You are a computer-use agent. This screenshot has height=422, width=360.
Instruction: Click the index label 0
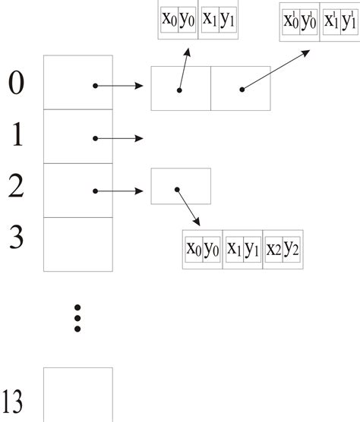16,83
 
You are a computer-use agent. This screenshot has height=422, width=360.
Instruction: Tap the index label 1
16,136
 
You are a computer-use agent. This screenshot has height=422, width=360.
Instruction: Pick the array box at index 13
77,394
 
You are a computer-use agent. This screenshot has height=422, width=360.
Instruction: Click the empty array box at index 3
77,244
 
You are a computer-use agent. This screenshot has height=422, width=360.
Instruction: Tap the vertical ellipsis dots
77,318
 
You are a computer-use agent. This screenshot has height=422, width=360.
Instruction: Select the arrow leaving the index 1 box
119,138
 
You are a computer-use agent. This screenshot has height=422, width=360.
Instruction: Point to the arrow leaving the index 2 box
119,191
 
